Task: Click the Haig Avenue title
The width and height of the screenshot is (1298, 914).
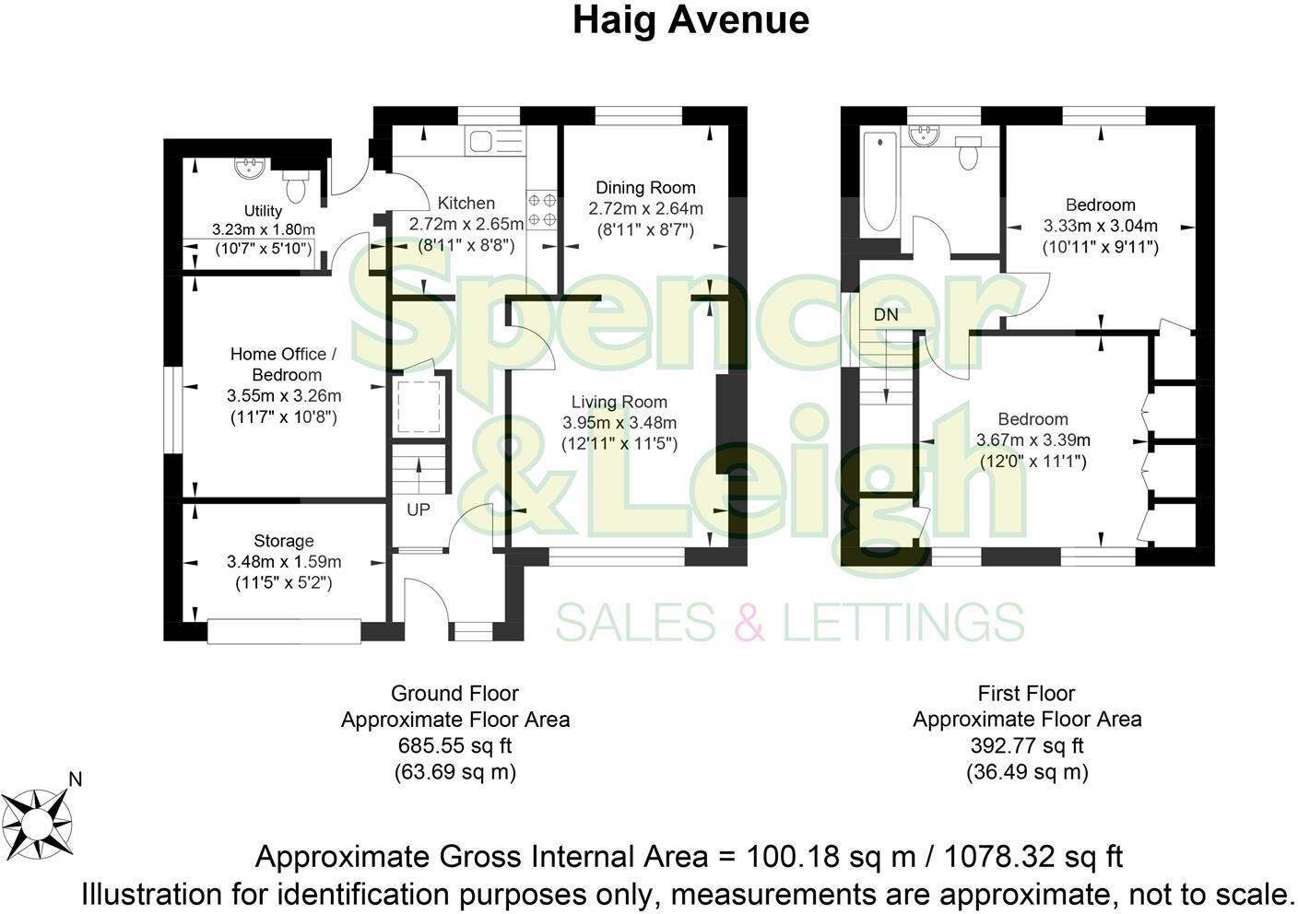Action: (690, 20)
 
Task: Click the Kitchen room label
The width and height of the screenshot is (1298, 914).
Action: (466, 204)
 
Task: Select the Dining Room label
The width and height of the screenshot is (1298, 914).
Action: (645, 188)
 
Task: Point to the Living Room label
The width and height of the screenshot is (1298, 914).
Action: (619, 403)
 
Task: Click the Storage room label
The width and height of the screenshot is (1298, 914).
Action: (284, 542)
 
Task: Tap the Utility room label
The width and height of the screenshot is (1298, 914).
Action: (263, 212)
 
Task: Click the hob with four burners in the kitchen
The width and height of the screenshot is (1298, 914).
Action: (541, 209)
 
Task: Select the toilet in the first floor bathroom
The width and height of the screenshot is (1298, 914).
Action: (968, 153)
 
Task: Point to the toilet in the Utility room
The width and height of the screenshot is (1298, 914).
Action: (296, 185)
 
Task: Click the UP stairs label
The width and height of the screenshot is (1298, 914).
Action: (419, 510)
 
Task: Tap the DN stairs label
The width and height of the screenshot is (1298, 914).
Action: (885, 315)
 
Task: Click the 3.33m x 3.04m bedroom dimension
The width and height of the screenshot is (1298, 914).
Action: (1100, 227)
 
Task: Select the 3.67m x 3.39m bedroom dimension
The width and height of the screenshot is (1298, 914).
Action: (1032, 440)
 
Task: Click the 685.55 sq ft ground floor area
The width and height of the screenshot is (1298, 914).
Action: (454, 745)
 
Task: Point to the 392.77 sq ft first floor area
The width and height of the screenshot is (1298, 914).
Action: (1027, 745)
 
